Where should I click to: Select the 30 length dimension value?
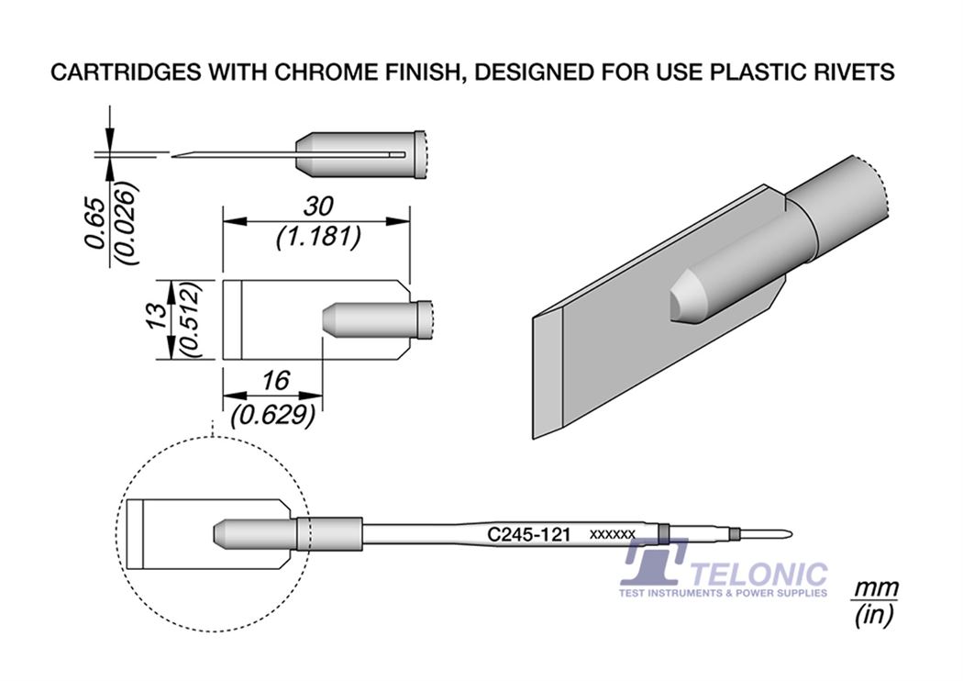click(318, 207)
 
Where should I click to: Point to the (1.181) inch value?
click(318, 237)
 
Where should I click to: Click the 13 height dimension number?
click(157, 318)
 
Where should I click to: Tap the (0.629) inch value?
click(273, 416)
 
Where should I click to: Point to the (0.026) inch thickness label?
click(127, 223)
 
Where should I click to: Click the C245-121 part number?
click(529, 533)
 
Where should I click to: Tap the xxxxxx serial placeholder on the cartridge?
click(613, 534)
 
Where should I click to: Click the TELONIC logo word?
click(760, 574)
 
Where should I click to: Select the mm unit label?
click(874, 588)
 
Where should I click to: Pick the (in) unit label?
click(873, 615)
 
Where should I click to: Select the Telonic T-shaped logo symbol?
click(653, 561)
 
